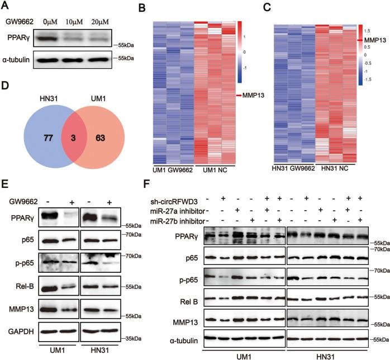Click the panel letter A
coord(6,5)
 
